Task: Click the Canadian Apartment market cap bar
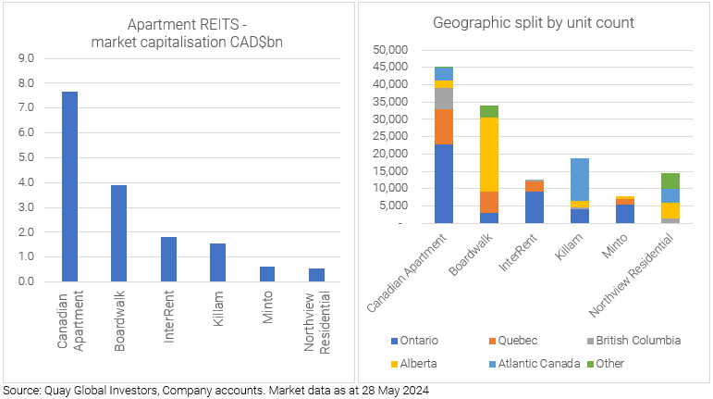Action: (x=69, y=185)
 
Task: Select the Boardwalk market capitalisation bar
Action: (x=118, y=232)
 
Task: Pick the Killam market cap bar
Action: (x=217, y=262)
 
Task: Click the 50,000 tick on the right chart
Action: (x=387, y=49)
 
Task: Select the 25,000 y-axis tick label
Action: (x=387, y=136)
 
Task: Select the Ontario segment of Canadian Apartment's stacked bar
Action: (x=444, y=183)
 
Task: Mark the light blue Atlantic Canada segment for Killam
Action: (x=579, y=180)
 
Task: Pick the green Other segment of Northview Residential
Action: (x=670, y=181)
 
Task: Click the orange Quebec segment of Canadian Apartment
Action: (x=444, y=127)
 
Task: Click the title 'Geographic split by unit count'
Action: (x=534, y=23)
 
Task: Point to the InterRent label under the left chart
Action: (x=169, y=318)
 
